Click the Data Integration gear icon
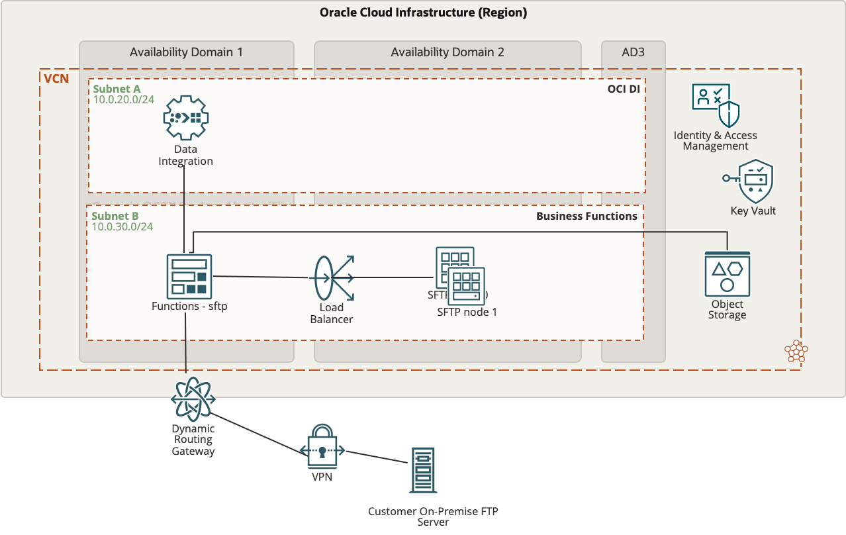point(186,118)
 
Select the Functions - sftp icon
point(189,275)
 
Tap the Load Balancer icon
point(332,278)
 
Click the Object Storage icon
point(727,274)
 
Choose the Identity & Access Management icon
point(715,105)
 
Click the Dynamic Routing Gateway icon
point(193,399)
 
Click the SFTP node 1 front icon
point(467,286)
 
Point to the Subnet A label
point(117,89)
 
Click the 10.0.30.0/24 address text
point(122,227)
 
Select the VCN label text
point(56,79)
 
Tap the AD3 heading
point(633,52)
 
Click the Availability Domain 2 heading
point(447,52)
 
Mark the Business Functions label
point(587,216)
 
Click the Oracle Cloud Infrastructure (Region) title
point(423,13)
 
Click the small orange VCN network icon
point(795,352)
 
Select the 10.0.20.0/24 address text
point(123,100)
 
